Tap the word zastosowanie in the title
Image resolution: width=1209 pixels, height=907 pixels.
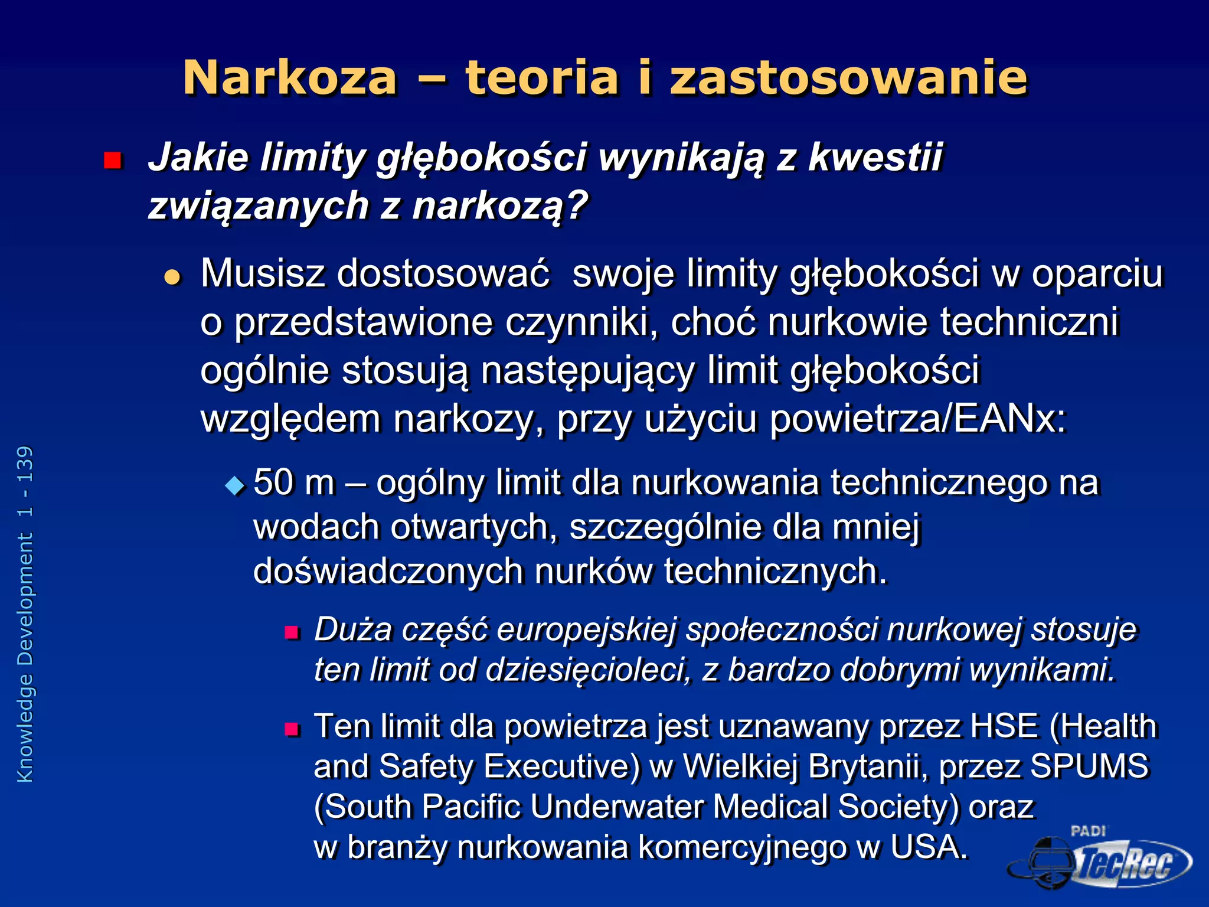pos(849,78)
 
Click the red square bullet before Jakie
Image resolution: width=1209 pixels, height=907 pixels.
pos(112,161)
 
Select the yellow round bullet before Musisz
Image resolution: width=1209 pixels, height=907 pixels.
pos(172,276)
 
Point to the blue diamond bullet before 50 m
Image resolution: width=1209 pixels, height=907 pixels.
pos(235,485)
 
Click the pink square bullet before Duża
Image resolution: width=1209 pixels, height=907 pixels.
pos(292,633)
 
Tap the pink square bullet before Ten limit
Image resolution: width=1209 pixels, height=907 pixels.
pos(292,730)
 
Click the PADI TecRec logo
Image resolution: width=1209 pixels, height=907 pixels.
pos(1101,859)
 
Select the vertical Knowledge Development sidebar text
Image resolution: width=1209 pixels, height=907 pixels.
pos(25,614)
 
